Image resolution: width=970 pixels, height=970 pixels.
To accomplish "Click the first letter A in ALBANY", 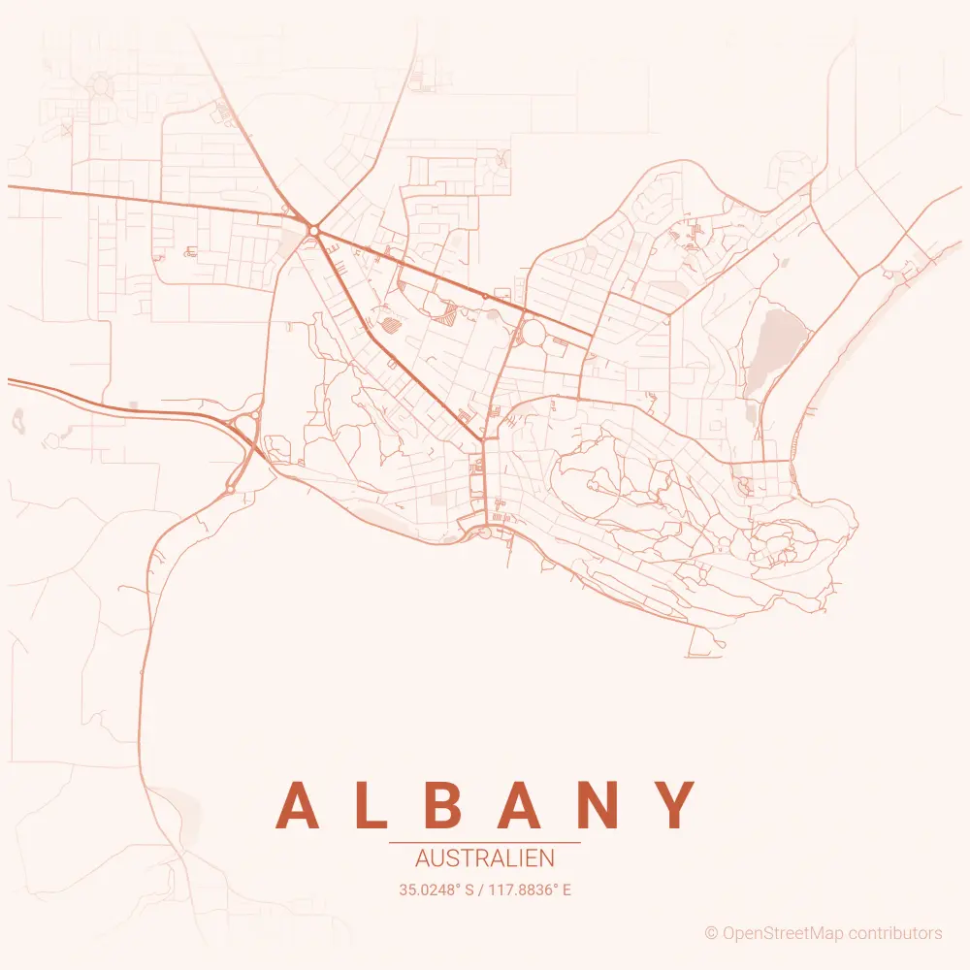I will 299,805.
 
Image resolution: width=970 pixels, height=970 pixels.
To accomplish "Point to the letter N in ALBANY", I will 599,805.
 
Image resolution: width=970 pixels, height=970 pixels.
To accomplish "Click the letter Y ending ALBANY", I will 674,805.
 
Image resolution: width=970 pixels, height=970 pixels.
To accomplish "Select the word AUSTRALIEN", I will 484,858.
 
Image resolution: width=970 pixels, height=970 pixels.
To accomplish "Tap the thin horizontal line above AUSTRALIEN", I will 484,843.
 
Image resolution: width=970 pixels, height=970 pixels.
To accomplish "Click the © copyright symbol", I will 711,933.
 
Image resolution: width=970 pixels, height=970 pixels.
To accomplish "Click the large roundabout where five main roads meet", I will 313,230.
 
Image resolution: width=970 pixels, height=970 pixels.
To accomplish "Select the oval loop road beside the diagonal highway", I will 533,335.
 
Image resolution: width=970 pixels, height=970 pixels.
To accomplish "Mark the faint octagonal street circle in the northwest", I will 100,86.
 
